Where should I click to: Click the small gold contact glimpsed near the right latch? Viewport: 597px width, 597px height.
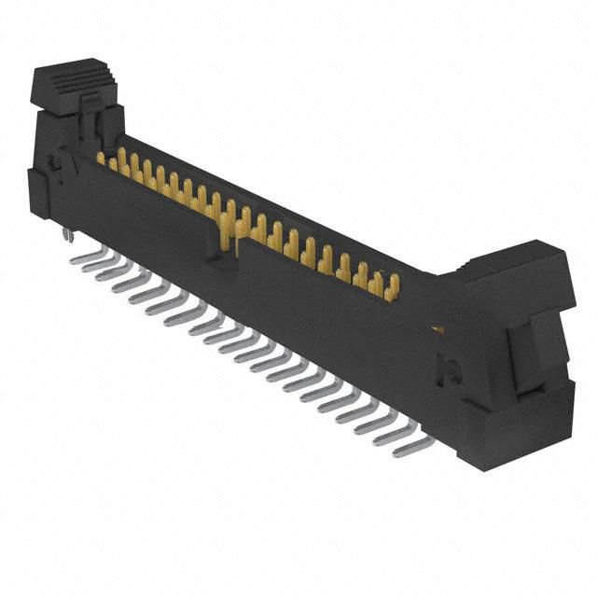tap(436, 328)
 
